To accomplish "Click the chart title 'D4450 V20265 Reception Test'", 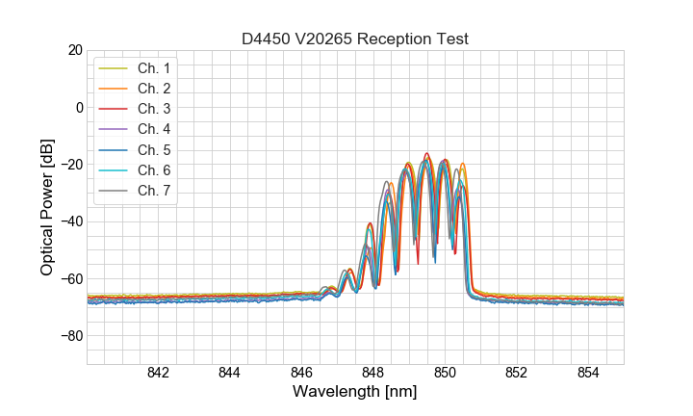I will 355,39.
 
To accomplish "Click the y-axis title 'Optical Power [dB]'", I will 47,206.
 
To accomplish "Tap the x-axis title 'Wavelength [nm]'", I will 355,392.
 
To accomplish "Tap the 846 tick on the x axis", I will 301,373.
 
